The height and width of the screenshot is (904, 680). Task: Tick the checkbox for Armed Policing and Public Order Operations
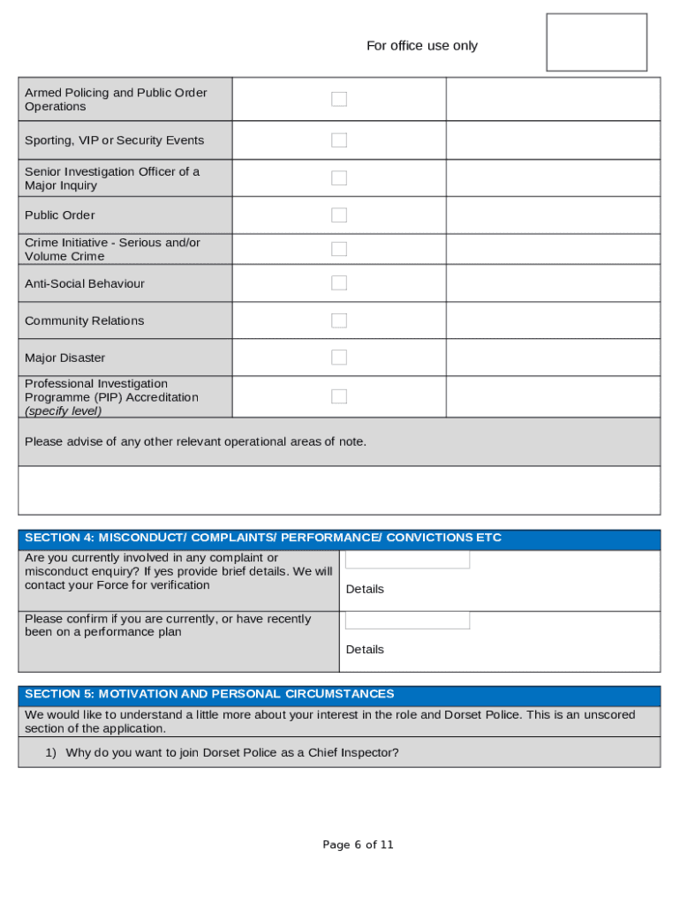tap(339, 99)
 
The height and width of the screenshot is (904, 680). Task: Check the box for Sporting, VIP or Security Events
tap(339, 140)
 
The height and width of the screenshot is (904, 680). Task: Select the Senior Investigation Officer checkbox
tap(339, 178)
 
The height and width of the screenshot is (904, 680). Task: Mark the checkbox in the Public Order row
tap(339, 215)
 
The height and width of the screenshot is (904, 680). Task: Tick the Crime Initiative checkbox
tap(339, 249)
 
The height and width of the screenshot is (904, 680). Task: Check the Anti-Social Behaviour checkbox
tap(339, 283)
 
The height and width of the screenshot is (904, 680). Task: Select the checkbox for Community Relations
tap(339, 320)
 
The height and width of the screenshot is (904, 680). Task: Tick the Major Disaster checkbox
tap(339, 358)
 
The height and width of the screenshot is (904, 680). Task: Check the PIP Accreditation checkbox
tap(339, 396)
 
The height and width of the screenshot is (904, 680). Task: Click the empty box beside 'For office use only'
tap(596, 42)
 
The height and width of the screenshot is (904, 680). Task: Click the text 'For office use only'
tap(421, 46)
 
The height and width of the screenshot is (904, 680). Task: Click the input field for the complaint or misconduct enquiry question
tap(407, 561)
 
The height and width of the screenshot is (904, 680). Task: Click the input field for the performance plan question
tap(407, 621)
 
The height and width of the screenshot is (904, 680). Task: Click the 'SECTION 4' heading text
tap(262, 538)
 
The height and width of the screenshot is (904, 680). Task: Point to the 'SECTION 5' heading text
tap(209, 694)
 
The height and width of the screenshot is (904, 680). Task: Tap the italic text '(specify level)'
tap(63, 411)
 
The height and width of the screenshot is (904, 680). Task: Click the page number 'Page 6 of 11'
tap(358, 845)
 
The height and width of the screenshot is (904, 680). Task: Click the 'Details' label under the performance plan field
tap(365, 650)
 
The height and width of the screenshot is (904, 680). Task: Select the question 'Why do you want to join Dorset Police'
tap(231, 753)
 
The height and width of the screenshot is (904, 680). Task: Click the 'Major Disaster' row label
tap(64, 358)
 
